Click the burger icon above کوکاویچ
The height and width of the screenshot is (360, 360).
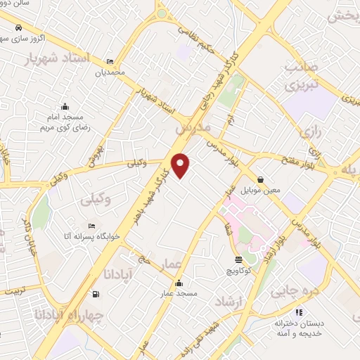[236, 259]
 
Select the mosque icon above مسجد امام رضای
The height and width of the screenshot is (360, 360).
[65, 105]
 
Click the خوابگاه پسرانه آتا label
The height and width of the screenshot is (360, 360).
[91, 237]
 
